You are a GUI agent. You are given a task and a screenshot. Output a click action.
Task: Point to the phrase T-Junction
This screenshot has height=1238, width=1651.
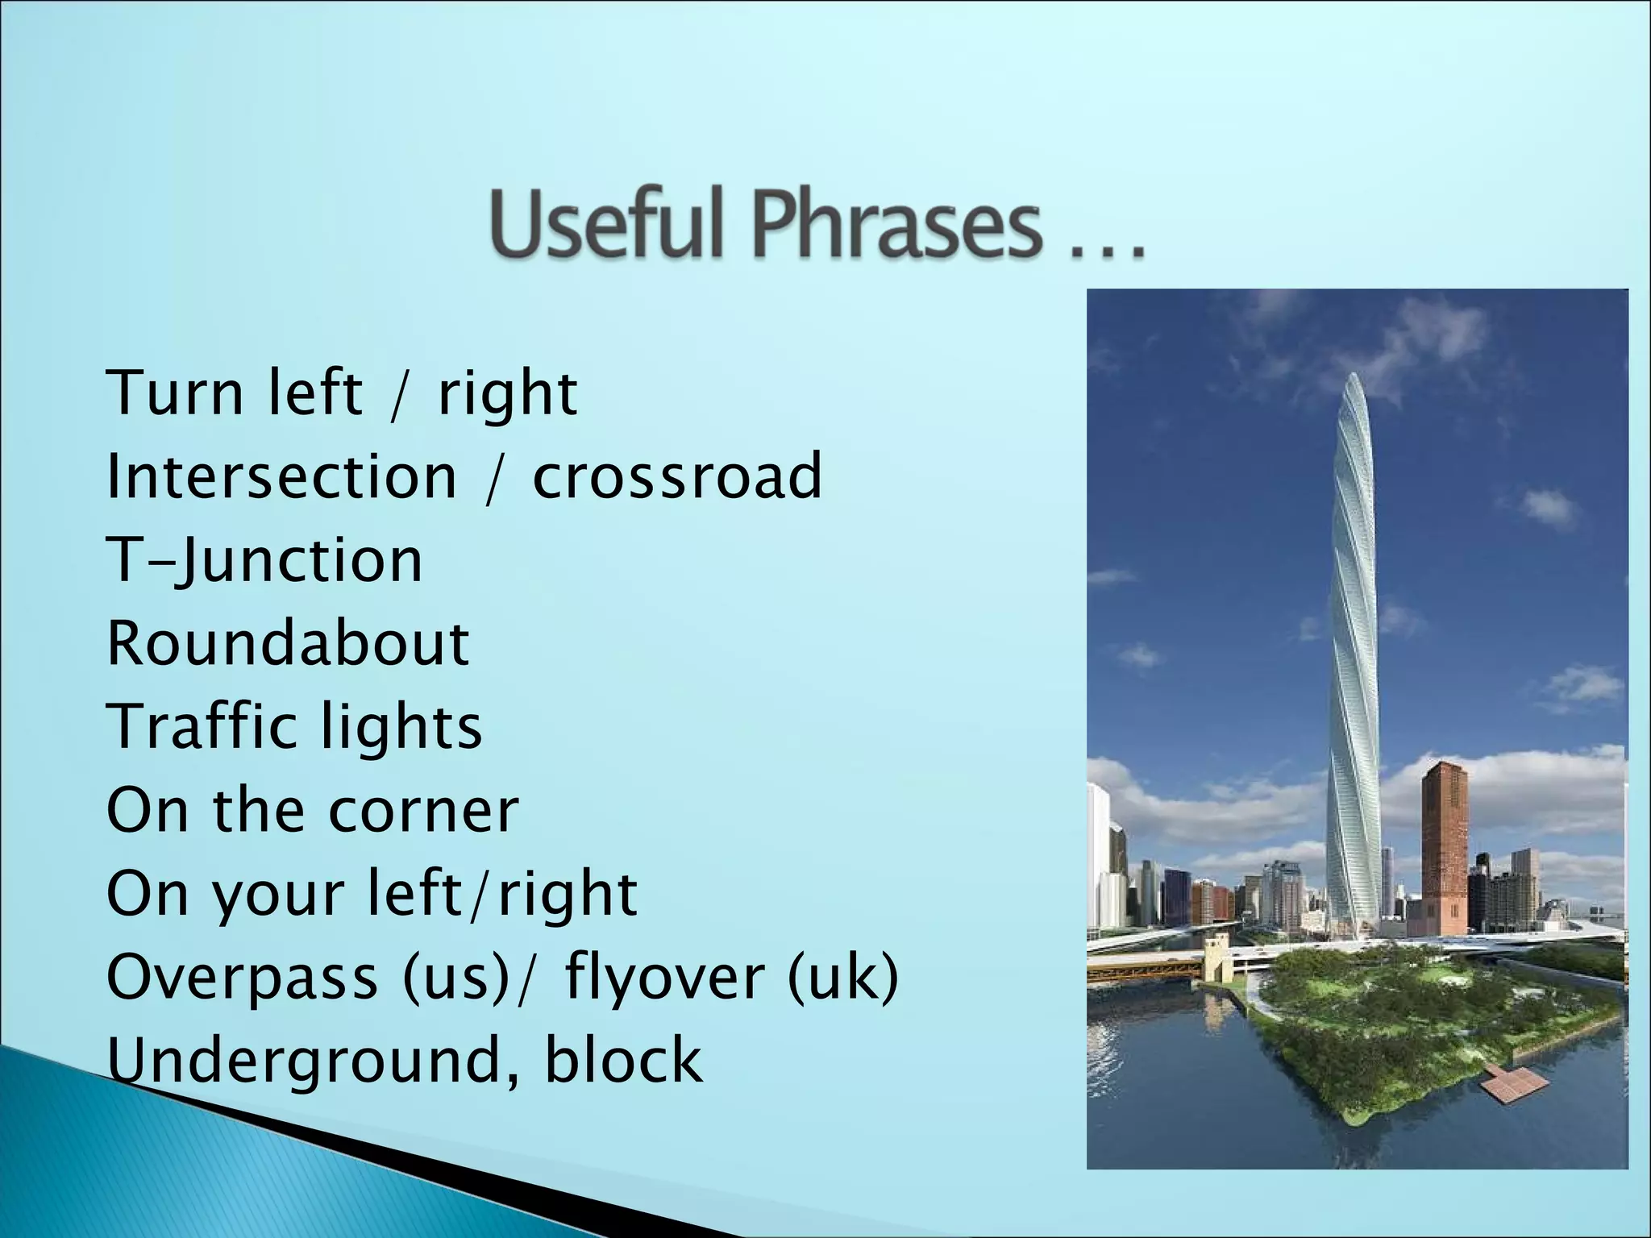tap(264, 561)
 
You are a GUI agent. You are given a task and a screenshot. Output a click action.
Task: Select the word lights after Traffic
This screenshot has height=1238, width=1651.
tap(401, 727)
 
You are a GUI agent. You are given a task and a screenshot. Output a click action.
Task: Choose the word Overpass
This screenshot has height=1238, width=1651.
tap(242, 977)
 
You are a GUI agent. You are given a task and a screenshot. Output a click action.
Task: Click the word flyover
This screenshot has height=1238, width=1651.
tap(664, 977)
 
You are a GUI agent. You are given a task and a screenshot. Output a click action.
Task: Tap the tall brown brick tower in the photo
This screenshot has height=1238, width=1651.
tap(1444, 846)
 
